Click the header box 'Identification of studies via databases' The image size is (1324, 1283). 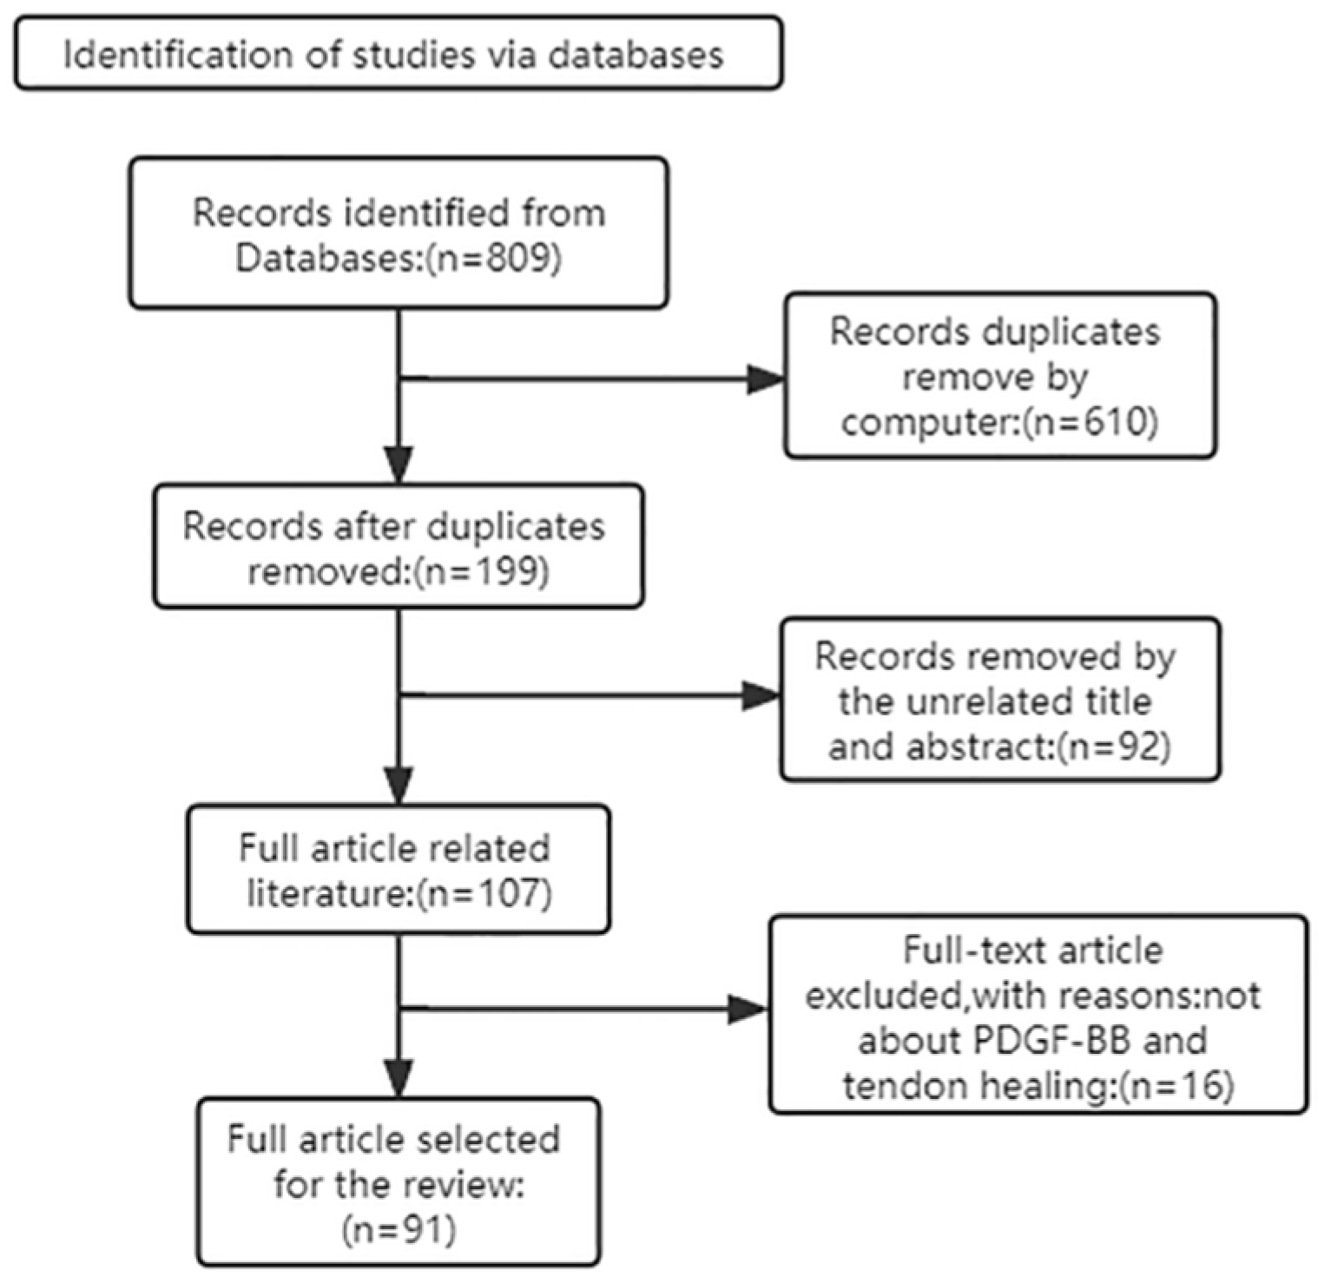398,54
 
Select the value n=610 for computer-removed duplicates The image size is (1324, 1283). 1090,423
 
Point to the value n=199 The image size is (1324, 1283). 483,572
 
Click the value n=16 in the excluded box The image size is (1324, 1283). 1176,1085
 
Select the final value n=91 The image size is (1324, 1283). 399,1229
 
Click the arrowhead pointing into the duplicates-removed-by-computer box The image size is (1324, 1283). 766,379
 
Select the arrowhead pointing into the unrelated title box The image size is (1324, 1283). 761,695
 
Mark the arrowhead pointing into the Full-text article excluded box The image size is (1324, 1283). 748,1009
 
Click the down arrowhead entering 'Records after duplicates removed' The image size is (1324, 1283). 399,464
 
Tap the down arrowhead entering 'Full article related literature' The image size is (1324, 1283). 399,786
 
